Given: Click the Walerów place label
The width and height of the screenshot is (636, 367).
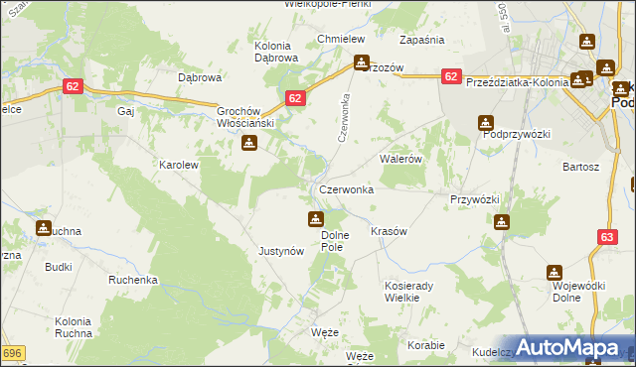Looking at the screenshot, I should pyautogui.click(x=402, y=159).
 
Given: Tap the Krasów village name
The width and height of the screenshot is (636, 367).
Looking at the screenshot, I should pyautogui.click(x=389, y=230).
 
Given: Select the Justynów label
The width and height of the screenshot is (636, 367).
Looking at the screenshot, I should pyautogui.click(x=280, y=251).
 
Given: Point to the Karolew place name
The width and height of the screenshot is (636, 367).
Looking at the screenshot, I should pyautogui.click(x=180, y=165).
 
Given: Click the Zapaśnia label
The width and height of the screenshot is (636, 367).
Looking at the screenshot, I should pyautogui.click(x=421, y=40).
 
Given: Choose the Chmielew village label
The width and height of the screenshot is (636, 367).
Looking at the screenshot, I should pyautogui.click(x=337, y=39).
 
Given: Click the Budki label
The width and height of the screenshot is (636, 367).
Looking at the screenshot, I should pyautogui.click(x=58, y=267).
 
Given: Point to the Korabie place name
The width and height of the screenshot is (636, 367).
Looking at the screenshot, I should pyautogui.click(x=425, y=345).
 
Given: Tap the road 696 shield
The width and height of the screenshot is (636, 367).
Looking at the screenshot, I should pyautogui.click(x=12, y=353).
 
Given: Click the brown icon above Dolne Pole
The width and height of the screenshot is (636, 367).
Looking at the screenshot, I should pyautogui.click(x=315, y=218).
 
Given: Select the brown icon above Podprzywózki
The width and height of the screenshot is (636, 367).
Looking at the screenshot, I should pyautogui.click(x=485, y=123).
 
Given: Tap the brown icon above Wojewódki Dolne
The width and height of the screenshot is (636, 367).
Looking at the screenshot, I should pyautogui.click(x=554, y=272).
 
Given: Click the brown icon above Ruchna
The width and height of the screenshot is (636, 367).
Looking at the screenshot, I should pyautogui.click(x=43, y=229).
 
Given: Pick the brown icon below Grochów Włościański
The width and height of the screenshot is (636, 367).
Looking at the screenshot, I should pyautogui.click(x=248, y=143).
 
